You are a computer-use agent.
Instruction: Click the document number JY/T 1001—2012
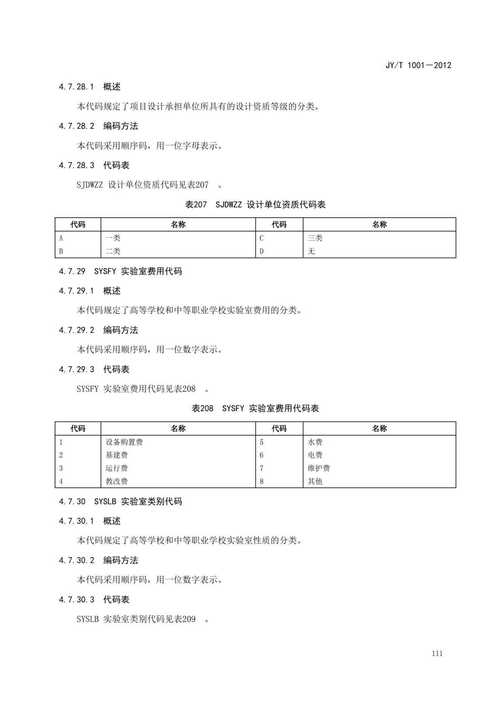(418, 65)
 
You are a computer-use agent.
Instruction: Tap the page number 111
(437, 654)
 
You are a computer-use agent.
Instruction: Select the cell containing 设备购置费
(124, 442)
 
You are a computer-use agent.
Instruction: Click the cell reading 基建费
(117, 455)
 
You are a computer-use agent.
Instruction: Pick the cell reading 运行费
(117, 468)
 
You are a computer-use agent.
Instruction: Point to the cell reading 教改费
(117, 481)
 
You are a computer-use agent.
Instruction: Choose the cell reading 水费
(315, 442)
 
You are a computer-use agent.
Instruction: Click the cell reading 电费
(315, 455)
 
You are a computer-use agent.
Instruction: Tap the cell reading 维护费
(319, 468)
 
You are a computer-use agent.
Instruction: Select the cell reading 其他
(315, 481)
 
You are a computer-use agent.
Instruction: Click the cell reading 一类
(113, 238)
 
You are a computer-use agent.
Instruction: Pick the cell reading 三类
(315, 238)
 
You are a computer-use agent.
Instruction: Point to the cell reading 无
(311, 251)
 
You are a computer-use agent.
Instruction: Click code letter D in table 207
(261, 251)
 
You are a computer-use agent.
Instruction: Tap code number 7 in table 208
(261, 468)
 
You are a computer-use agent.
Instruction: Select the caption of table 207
(255, 205)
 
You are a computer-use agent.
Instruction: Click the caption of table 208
(255, 408)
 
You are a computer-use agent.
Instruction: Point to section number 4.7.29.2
(77, 330)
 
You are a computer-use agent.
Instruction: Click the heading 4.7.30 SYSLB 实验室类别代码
(120, 501)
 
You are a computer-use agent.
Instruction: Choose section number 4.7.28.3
(77, 165)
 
